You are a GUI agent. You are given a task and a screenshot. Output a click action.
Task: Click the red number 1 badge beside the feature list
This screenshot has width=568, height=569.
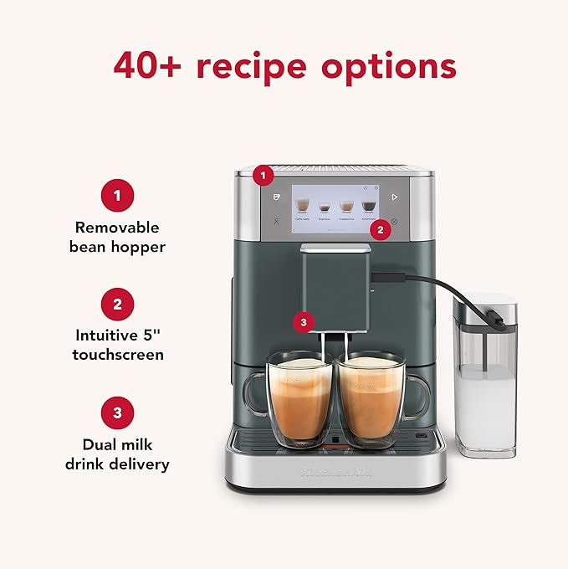tap(117, 197)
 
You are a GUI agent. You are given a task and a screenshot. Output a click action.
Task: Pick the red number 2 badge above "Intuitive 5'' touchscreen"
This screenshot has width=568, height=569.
tap(117, 305)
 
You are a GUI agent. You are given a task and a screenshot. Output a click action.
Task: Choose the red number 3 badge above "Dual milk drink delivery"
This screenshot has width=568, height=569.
tap(117, 413)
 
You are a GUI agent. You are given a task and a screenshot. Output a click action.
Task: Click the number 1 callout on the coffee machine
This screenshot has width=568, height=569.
tap(264, 176)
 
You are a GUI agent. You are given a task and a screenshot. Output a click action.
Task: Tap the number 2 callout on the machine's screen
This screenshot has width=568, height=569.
tap(381, 228)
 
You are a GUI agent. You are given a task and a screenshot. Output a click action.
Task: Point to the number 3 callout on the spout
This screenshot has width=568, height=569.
tap(303, 320)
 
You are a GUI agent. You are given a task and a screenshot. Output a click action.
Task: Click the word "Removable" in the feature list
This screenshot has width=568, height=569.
tap(117, 228)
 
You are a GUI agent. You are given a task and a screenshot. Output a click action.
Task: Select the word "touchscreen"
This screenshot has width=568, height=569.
tap(117, 355)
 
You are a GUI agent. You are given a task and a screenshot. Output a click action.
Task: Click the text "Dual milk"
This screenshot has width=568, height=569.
tap(117, 443)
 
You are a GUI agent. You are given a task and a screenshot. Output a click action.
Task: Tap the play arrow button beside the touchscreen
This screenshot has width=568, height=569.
tap(394, 197)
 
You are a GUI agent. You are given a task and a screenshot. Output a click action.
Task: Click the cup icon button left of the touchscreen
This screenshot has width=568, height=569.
tap(276, 197)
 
